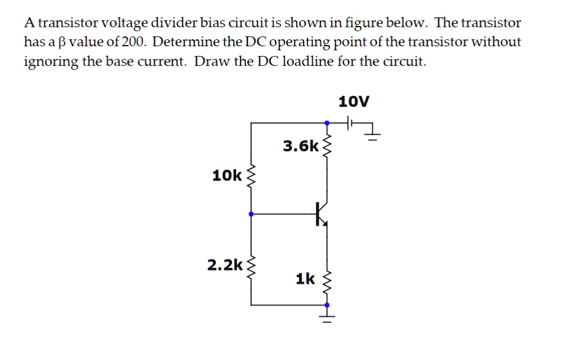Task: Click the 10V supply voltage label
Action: [x=354, y=102]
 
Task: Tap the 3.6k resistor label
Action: [x=300, y=146]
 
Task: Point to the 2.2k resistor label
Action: [x=225, y=265]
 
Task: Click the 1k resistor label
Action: [x=305, y=279]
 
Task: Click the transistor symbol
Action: [x=322, y=214]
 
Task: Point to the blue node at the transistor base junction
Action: [x=250, y=214]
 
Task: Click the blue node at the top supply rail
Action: [x=327, y=123]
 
